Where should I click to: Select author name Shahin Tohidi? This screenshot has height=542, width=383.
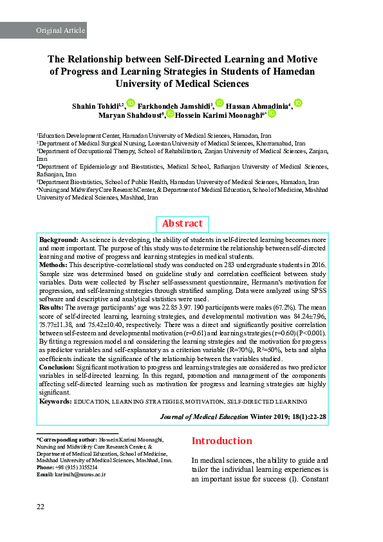pyautogui.click(x=96, y=105)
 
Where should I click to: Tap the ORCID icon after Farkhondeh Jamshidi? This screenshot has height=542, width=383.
pyautogui.click(x=219, y=103)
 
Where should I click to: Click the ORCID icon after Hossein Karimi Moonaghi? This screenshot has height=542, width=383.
pyautogui.click(x=272, y=113)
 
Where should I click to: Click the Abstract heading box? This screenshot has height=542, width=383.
pyautogui.click(x=182, y=223)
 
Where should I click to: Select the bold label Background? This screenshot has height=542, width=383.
pyautogui.click(x=59, y=239)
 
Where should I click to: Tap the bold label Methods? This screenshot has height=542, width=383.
pyautogui.click(x=53, y=265)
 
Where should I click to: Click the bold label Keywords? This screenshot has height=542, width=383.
pyautogui.click(x=55, y=401)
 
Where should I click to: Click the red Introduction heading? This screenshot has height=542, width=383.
pyautogui.click(x=222, y=441)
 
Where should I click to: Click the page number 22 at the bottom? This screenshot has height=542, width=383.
pyautogui.click(x=40, y=507)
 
